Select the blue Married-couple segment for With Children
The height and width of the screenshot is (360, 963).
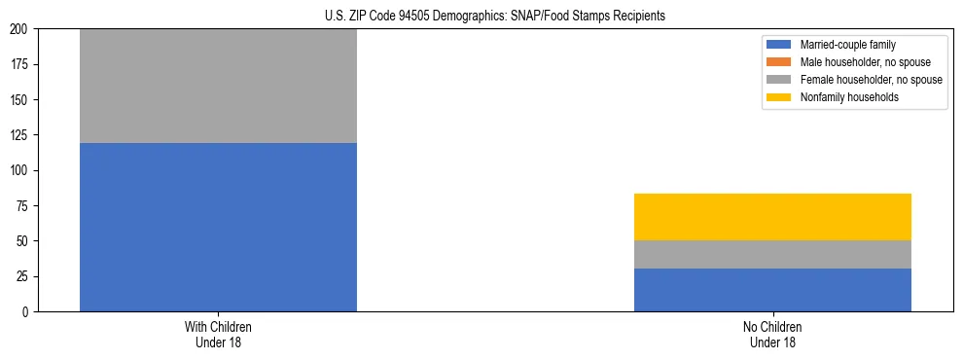click(218, 227)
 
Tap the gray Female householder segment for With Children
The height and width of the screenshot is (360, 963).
click(218, 86)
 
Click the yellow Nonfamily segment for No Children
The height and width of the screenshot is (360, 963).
click(772, 217)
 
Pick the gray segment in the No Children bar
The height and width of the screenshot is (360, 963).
click(772, 254)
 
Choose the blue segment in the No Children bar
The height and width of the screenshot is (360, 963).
click(772, 290)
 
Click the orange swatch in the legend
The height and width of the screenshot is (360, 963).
click(780, 62)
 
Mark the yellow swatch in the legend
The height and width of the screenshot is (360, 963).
click(780, 97)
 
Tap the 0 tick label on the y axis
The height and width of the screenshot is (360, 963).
click(29, 311)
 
